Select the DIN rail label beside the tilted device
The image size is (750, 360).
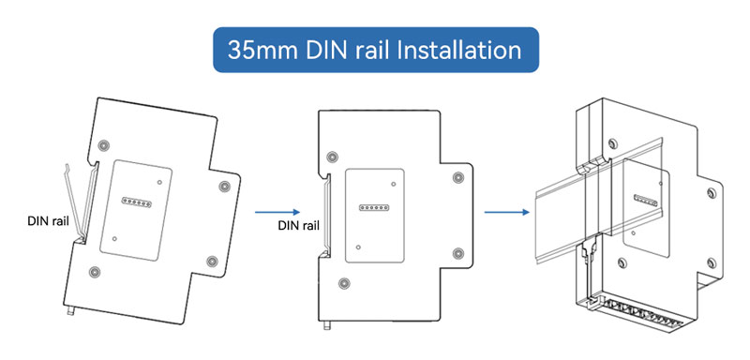pyautogui.click(x=49, y=221)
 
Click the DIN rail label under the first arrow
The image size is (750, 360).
pyautogui.click(x=298, y=225)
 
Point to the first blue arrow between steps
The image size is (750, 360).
pyautogui.click(x=277, y=212)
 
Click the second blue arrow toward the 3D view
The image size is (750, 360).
pyautogui.click(x=507, y=212)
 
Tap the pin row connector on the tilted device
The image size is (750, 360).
pyautogui.click(x=136, y=202)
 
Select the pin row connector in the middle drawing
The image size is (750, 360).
pyautogui.click(x=374, y=208)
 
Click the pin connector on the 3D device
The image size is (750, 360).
pyautogui.click(x=646, y=201)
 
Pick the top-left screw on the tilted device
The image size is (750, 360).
pyautogui.click(x=102, y=145)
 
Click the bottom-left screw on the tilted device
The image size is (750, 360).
pyautogui.click(x=95, y=272)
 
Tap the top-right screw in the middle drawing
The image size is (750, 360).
pyautogui.click(x=458, y=177)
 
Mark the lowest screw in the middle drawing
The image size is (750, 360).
pyautogui.click(x=343, y=283)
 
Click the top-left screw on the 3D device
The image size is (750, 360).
pyautogui.click(x=612, y=143)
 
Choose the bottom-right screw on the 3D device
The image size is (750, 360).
pyautogui.click(x=712, y=262)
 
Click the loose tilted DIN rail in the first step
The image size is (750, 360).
pyautogui.click(x=77, y=201)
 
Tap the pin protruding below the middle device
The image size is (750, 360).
pyautogui.click(x=328, y=325)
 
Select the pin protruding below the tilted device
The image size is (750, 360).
pyautogui.click(x=72, y=311)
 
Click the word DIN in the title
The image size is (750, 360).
pyautogui.click(x=329, y=50)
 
